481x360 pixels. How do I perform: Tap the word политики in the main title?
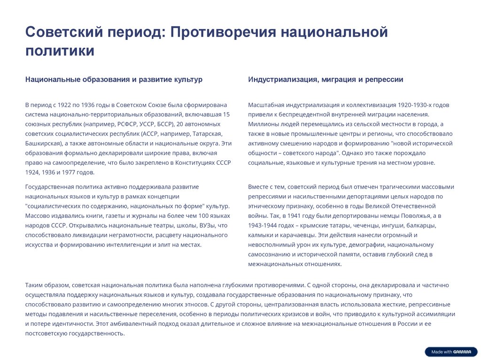tap(60, 51)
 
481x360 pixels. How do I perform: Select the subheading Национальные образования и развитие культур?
tap(114, 79)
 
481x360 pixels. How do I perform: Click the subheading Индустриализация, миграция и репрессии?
tap(326, 79)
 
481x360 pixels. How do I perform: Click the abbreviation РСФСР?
tap(124, 124)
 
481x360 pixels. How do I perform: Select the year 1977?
tap(69, 172)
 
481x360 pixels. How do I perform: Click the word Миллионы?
tap(264, 124)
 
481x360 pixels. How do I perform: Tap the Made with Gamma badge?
tap(450, 352)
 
